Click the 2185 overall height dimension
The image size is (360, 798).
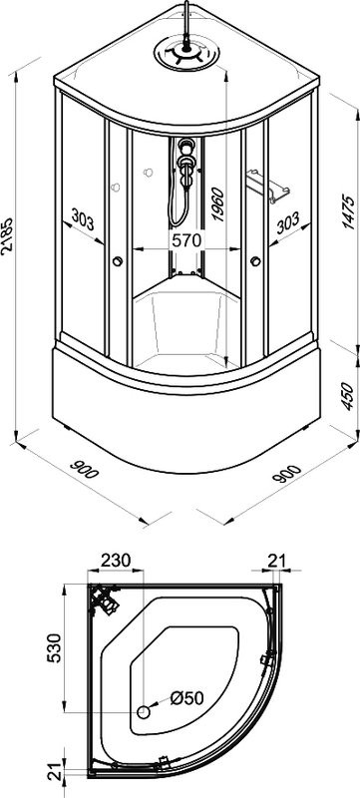coord(7,234)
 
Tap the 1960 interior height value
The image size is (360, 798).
coord(217,203)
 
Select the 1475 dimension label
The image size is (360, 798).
coord(348,211)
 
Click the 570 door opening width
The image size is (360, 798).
coord(186,239)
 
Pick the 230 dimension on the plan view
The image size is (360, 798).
coord(116,560)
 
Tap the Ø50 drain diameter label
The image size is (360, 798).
coord(187,697)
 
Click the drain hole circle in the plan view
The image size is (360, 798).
coord(145,712)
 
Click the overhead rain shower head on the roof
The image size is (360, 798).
coord(186,53)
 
